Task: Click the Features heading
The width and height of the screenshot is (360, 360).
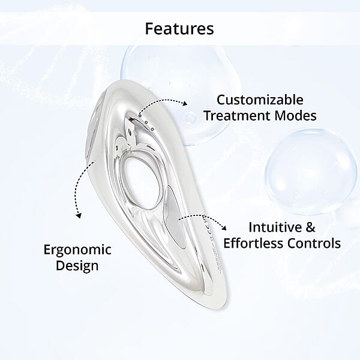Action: point(179,28)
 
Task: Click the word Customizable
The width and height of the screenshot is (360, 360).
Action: point(260,99)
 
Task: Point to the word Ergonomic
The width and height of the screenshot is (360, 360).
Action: point(76,249)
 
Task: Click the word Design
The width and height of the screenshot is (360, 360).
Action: point(76,265)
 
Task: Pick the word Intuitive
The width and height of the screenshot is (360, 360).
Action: point(274,227)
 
